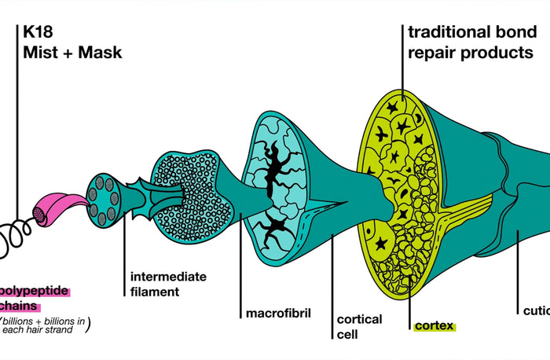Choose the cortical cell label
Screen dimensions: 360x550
point(359,326)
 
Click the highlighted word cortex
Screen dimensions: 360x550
point(433,325)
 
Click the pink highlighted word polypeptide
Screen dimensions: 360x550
point(35,292)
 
